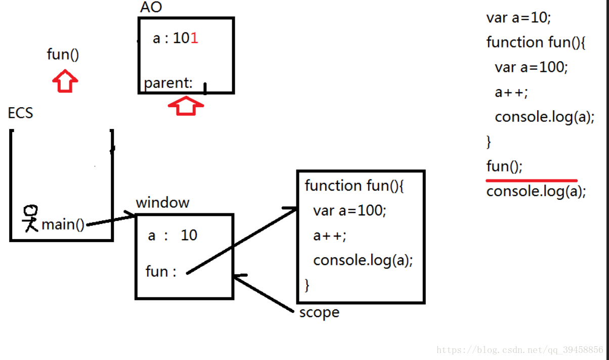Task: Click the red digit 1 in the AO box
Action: coord(195,38)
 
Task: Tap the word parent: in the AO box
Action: coord(168,83)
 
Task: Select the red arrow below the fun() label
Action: coord(65,81)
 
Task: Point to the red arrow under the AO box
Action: coord(186,106)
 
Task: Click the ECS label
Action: coord(21,113)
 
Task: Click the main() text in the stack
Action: coord(63,224)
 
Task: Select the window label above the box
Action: coord(162,203)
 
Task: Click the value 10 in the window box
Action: coord(189,235)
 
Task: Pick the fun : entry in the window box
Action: coord(161,272)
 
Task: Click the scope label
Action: coord(319,312)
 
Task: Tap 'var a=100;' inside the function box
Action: coord(350,210)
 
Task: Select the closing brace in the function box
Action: coord(307,285)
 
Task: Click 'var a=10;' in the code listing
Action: coord(518,18)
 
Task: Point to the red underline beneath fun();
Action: coord(531,179)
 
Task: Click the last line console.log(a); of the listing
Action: coord(536,192)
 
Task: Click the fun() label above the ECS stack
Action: coord(63,54)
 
